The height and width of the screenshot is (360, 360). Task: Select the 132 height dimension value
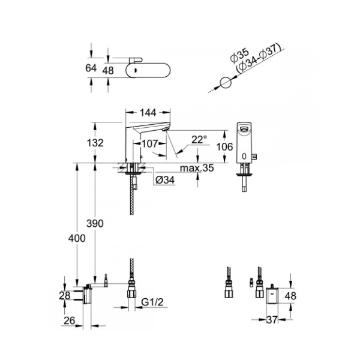pyautogui.click(x=95, y=143)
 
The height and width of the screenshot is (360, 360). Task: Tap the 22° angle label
pyautogui.click(x=199, y=139)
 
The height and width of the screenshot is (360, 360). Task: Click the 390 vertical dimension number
pyautogui.click(x=95, y=223)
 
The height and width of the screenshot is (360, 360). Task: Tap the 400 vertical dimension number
pyautogui.click(x=76, y=238)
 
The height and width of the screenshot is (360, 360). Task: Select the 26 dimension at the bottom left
pyautogui.click(x=69, y=321)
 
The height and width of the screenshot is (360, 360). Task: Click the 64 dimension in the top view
pyautogui.click(x=91, y=68)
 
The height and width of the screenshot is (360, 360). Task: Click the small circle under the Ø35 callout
pyautogui.click(x=225, y=83)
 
